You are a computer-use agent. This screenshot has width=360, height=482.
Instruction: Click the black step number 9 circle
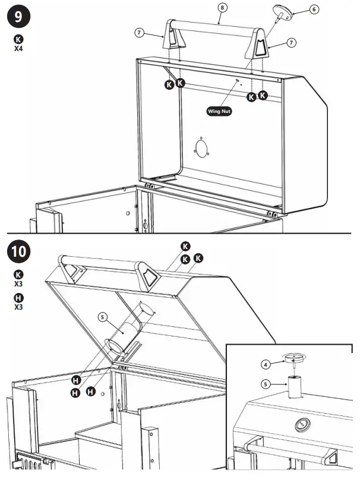pos(18,17)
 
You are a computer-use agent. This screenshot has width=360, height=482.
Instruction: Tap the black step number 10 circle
pos(18,251)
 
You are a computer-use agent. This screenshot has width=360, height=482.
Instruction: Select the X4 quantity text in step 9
pos(18,49)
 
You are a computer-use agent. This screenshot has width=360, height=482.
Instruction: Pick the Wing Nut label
pos(219,111)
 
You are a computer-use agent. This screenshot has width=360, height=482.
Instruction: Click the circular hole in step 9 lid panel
pos(203,149)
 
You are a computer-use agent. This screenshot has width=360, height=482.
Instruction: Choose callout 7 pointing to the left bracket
pos(140,33)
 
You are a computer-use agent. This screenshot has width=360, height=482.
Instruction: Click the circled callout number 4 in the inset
pos(266,364)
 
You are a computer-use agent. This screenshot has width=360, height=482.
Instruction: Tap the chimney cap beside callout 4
pos(293,358)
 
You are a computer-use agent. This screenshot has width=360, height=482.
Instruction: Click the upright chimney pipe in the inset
pos(293,389)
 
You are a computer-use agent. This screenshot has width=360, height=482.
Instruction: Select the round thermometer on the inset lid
pos(302,423)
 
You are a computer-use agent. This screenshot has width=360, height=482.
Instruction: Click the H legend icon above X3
pos(18,298)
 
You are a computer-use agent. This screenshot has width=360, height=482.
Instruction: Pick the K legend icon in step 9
pos(18,39)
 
